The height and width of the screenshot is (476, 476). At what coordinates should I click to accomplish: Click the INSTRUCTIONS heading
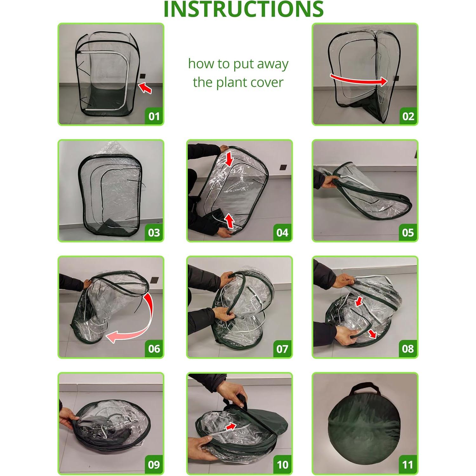pos(243,10)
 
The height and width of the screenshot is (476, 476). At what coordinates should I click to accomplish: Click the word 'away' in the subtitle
pos(273,64)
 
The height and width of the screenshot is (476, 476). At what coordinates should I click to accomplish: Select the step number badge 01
pos(154,116)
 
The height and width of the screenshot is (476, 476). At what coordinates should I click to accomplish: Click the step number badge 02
pos(408,116)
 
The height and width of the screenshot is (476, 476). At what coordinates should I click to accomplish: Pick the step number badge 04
pos(282,233)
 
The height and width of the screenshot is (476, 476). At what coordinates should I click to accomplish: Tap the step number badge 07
pos(282,349)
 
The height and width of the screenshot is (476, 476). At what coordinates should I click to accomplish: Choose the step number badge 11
pos(408,465)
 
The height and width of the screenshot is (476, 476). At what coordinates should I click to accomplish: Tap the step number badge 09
pos(154,465)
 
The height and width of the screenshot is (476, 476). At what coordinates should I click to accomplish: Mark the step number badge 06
pos(154,349)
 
